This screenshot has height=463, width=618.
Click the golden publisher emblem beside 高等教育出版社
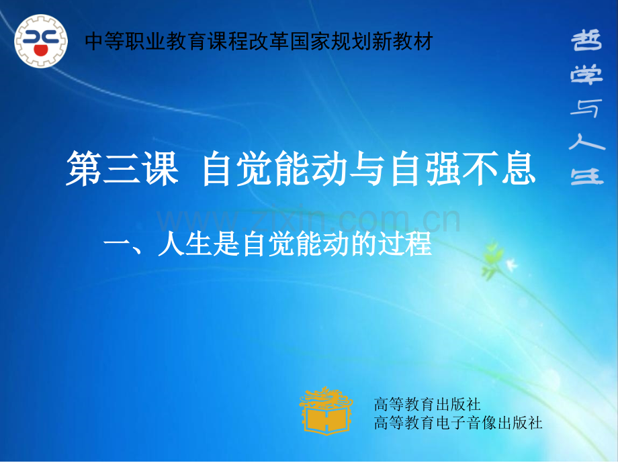coord(326,409)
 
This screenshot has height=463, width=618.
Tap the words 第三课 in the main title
coord(122,169)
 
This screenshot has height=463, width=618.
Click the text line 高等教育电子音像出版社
coord(457,423)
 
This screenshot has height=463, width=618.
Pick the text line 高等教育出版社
coord(427,405)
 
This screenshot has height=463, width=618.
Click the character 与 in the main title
coord(367,169)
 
